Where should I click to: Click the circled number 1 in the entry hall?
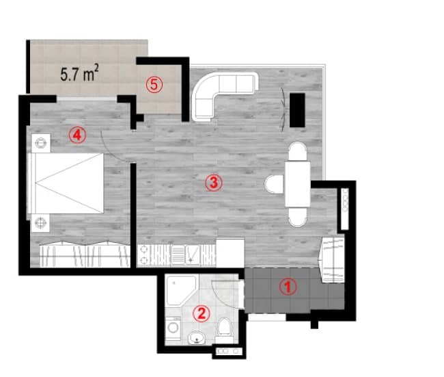(288, 287)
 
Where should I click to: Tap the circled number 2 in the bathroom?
(201, 313)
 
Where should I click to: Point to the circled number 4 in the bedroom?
(77, 135)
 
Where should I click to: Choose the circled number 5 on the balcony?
(154, 85)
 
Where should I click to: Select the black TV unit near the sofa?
(298, 110)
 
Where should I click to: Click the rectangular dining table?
(298, 183)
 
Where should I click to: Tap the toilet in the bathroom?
(225, 330)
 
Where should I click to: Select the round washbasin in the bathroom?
(197, 336)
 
